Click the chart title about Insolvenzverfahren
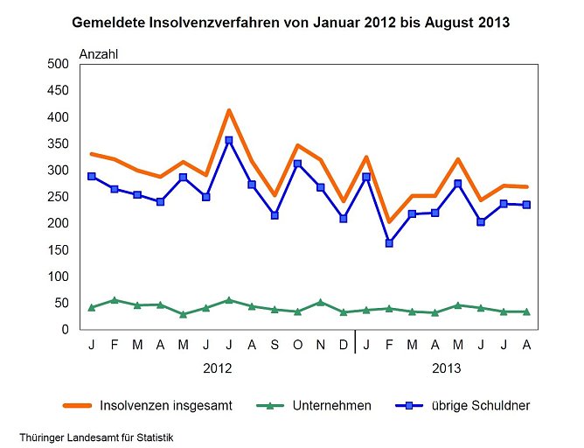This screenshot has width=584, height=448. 291,20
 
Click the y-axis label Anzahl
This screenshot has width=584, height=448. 99,53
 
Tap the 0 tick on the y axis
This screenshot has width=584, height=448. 65,330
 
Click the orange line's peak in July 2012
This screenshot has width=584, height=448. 228,110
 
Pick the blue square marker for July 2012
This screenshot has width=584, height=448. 228,140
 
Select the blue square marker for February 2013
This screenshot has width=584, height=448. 389,243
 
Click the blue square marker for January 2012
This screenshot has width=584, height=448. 91,176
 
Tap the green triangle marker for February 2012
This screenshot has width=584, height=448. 114,300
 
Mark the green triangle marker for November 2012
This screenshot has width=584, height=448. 320,302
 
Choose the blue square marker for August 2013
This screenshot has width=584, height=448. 526,205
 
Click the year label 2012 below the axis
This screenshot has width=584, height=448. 217,368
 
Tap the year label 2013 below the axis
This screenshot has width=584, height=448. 447,368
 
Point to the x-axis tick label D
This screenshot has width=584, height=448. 343,346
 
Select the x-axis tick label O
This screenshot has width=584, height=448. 297,346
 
